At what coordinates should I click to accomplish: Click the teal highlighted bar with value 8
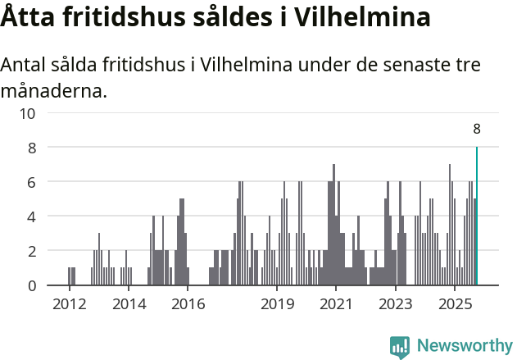coord(477,216)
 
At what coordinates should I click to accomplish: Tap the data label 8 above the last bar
coord(477,129)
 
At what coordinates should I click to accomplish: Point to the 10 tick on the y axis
coord(27,113)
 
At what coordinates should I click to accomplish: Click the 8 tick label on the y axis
coord(31,148)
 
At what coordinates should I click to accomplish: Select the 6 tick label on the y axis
coord(31,182)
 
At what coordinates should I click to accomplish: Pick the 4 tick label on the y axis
coord(31,216)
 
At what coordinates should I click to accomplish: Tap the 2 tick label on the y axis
coord(31,251)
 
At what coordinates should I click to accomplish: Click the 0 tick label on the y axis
coord(31,285)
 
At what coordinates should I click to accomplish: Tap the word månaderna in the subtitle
coord(53,90)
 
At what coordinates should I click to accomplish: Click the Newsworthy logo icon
coord(400,347)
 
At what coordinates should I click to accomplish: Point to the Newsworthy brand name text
coord(465,346)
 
